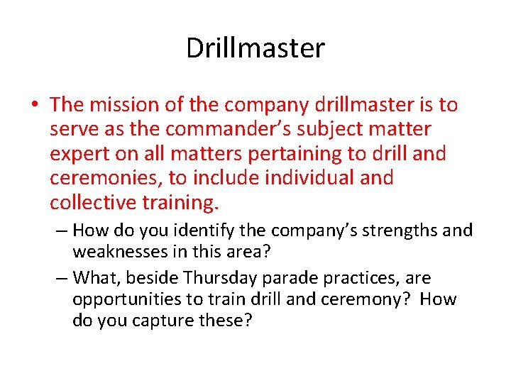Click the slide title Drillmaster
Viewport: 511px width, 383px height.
(255, 48)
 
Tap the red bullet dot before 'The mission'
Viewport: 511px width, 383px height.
(35, 105)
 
